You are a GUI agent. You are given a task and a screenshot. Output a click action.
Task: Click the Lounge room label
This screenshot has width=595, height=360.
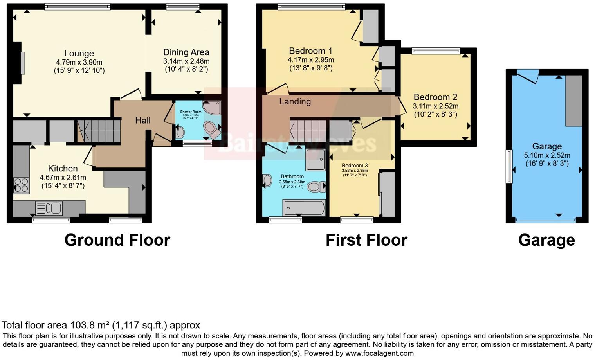tap(79, 54)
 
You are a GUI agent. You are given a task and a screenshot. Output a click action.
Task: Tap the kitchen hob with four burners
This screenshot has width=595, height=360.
tap(21, 185)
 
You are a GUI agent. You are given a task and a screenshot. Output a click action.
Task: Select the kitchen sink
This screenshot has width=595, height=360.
tap(49, 208)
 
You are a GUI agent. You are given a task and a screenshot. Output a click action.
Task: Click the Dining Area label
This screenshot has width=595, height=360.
tap(186, 52)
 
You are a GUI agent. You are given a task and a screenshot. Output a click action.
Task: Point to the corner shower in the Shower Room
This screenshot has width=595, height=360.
tap(212, 108)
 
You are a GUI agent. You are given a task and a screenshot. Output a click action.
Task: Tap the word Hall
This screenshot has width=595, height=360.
tap(143, 121)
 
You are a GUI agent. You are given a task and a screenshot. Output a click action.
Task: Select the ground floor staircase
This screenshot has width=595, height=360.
tap(99, 131)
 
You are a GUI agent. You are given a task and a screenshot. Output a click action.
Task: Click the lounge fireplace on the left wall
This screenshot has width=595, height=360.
tap(22, 63)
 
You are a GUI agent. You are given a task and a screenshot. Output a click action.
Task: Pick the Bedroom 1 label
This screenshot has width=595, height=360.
tap(310, 51)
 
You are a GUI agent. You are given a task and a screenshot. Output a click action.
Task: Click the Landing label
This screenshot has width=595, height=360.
tap(295, 102)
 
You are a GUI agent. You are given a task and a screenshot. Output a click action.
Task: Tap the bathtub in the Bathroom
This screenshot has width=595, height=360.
tap(304, 208)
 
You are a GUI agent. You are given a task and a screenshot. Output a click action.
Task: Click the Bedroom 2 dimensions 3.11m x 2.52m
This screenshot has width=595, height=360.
tap(435, 106)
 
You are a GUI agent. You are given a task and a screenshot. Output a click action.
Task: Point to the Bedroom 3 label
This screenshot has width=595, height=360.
tap(355, 166)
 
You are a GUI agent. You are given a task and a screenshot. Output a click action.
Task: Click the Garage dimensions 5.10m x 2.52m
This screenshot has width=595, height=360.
tap(547, 155)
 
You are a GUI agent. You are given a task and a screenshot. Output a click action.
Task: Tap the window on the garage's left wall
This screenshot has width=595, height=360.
tap(509, 166)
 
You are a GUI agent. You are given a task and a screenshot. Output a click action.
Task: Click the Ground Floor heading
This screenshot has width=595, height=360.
tap(117, 240)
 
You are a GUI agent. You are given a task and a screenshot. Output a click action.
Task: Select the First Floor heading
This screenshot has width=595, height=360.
tap(366, 240)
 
